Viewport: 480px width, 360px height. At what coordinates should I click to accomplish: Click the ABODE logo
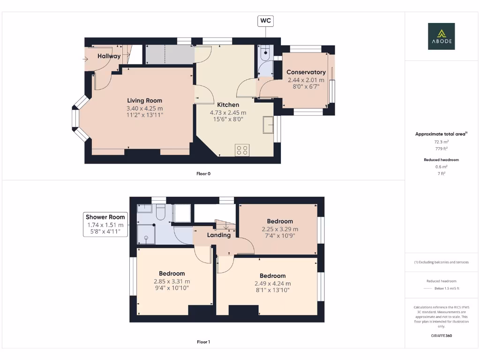pyautogui.click(x=441, y=37)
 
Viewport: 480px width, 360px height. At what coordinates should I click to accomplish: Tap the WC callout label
pyautogui.click(x=265, y=21)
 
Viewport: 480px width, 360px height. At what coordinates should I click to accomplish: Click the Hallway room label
pyautogui.click(x=109, y=56)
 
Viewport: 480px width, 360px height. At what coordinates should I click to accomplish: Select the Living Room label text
pyautogui.click(x=144, y=100)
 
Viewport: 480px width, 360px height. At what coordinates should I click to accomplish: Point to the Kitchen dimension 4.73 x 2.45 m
pyautogui.click(x=228, y=112)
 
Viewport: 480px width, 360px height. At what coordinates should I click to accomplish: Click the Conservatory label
pyautogui.click(x=306, y=72)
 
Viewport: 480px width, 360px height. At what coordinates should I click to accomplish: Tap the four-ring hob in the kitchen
pyautogui.click(x=242, y=150)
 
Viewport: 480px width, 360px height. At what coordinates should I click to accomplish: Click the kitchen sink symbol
pyautogui.click(x=269, y=125)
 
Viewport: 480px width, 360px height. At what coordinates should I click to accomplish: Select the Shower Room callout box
pyautogui.click(x=105, y=224)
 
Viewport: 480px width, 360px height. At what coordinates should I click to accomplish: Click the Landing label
pyautogui.click(x=219, y=235)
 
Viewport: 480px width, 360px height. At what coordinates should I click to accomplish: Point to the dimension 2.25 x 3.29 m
pyautogui.click(x=280, y=229)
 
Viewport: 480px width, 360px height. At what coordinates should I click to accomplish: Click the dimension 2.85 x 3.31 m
pyautogui.click(x=172, y=281)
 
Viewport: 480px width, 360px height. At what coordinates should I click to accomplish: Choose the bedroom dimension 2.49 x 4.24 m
pyautogui.click(x=272, y=284)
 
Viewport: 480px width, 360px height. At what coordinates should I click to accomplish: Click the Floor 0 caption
pyautogui.click(x=203, y=173)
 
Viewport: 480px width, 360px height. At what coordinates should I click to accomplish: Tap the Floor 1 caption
pyautogui.click(x=203, y=342)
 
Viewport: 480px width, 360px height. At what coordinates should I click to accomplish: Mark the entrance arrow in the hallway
pyautogui.click(x=87, y=59)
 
